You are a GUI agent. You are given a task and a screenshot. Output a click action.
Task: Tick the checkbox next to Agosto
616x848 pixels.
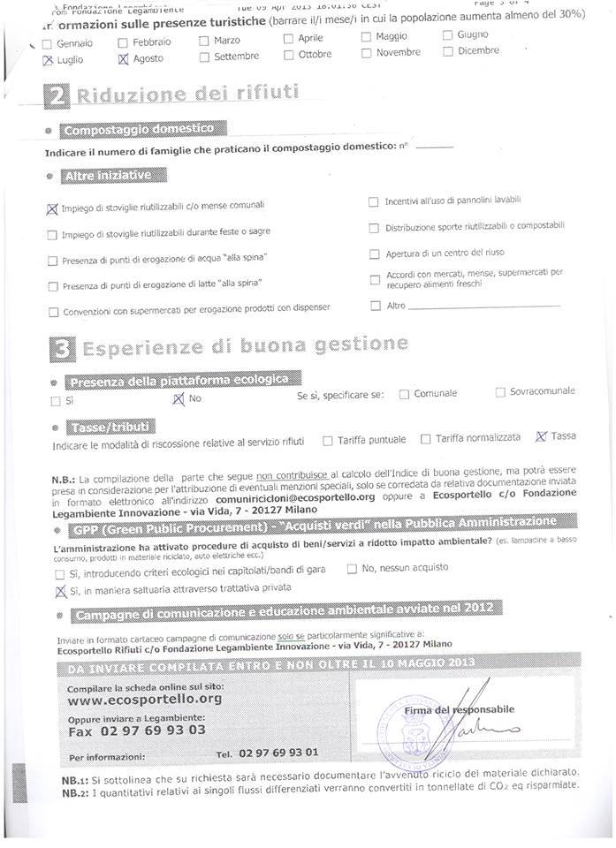pyautogui.click(x=124, y=60)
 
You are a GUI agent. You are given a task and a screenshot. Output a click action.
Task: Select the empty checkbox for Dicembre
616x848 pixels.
pyautogui.click(x=448, y=51)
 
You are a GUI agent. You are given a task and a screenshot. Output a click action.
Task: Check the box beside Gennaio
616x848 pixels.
pyautogui.click(x=48, y=43)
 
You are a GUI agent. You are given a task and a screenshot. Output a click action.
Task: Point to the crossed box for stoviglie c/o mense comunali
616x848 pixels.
pyautogui.click(x=51, y=208)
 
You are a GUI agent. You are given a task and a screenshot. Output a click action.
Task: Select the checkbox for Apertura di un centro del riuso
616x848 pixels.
pyautogui.click(x=375, y=254)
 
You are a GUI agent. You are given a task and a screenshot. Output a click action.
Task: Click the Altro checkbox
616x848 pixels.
pyautogui.click(x=376, y=306)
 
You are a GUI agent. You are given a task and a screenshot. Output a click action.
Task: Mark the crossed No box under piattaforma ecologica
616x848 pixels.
pyautogui.click(x=179, y=399)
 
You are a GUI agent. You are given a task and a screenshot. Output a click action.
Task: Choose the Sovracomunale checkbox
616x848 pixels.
pyautogui.click(x=500, y=391)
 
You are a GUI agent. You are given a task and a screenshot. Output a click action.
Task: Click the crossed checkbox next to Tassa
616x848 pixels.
pyautogui.click(x=541, y=436)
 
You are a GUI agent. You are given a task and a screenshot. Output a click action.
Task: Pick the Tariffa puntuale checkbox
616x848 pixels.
pyautogui.click(x=328, y=440)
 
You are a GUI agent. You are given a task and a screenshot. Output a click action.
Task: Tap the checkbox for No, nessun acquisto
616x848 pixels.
pyautogui.click(x=352, y=569)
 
